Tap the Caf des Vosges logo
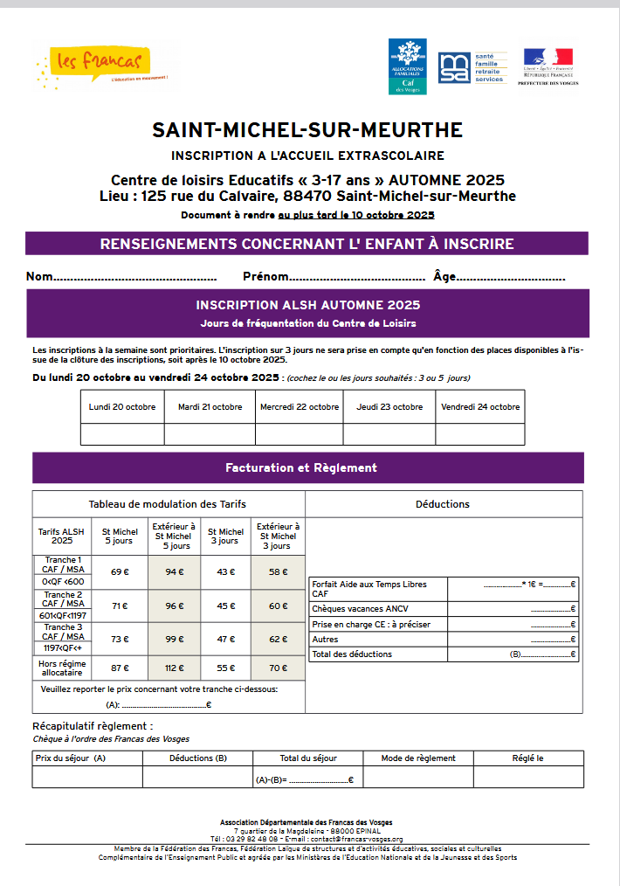[x=407, y=66]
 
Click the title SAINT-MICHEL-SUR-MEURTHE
[x=307, y=130]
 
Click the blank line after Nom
[x=135, y=278]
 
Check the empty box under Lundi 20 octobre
[x=122, y=434]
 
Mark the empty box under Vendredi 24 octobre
[x=480, y=434]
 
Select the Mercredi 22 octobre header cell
[x=300, y=406]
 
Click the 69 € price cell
[x=121, y=572]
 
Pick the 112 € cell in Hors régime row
[x=176, y=668]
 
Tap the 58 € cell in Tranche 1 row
[x=278, y=572]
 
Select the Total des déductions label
[x=352, y=654]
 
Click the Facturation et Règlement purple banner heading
[x=301, y=467]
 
